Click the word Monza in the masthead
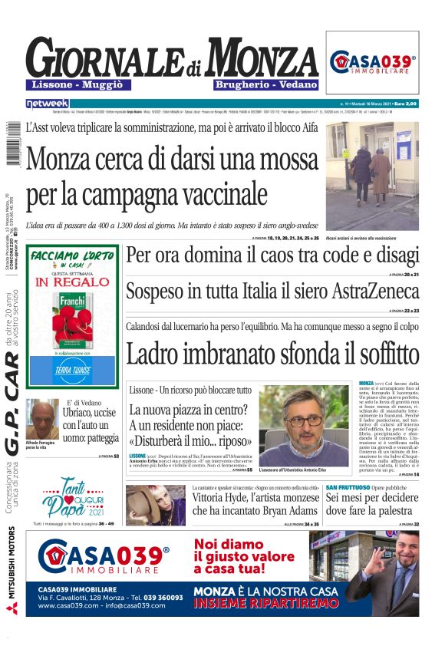pos(262,58)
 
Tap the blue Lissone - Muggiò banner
pos(78,84)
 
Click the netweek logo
pos(47,103)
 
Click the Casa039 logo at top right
pos(373,62)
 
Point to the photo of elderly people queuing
pos(372,175)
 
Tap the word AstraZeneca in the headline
pos(375,292)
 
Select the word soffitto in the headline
pos(374,354)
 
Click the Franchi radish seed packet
pos(73,316)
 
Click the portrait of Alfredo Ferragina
pos(42,418)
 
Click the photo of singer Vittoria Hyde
pos(156,504)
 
